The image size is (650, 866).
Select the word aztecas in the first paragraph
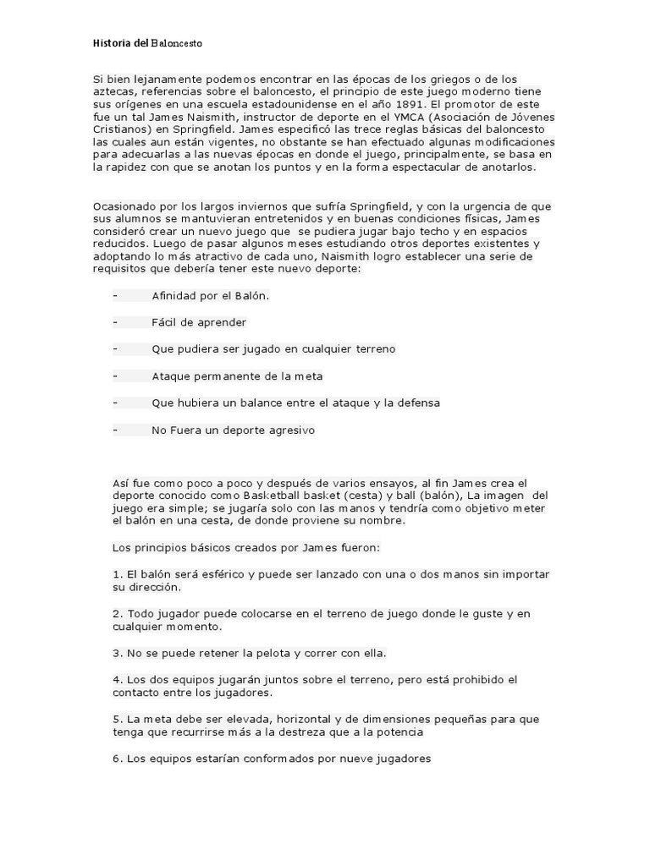[114, 92]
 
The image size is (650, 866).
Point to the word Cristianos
[121, 131]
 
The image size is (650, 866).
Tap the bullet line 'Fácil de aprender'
[199, 322]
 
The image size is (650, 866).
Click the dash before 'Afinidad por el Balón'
[114, 296]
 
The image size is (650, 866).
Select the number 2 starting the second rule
[116, 614]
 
